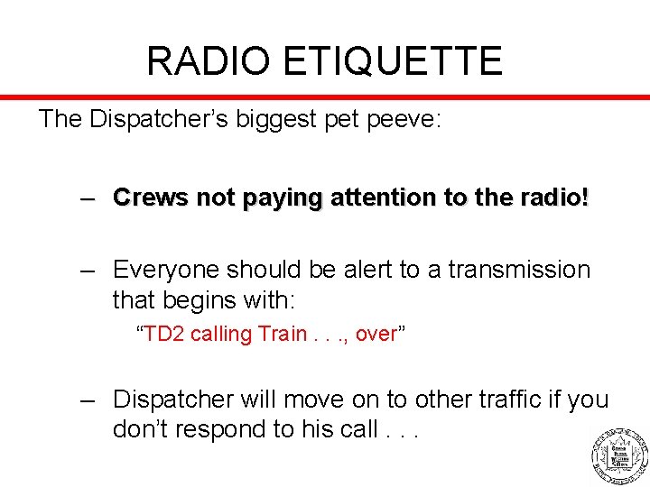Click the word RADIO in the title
207,61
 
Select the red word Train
283,334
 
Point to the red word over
376,335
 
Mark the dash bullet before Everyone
87,270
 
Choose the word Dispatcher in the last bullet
174,400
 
